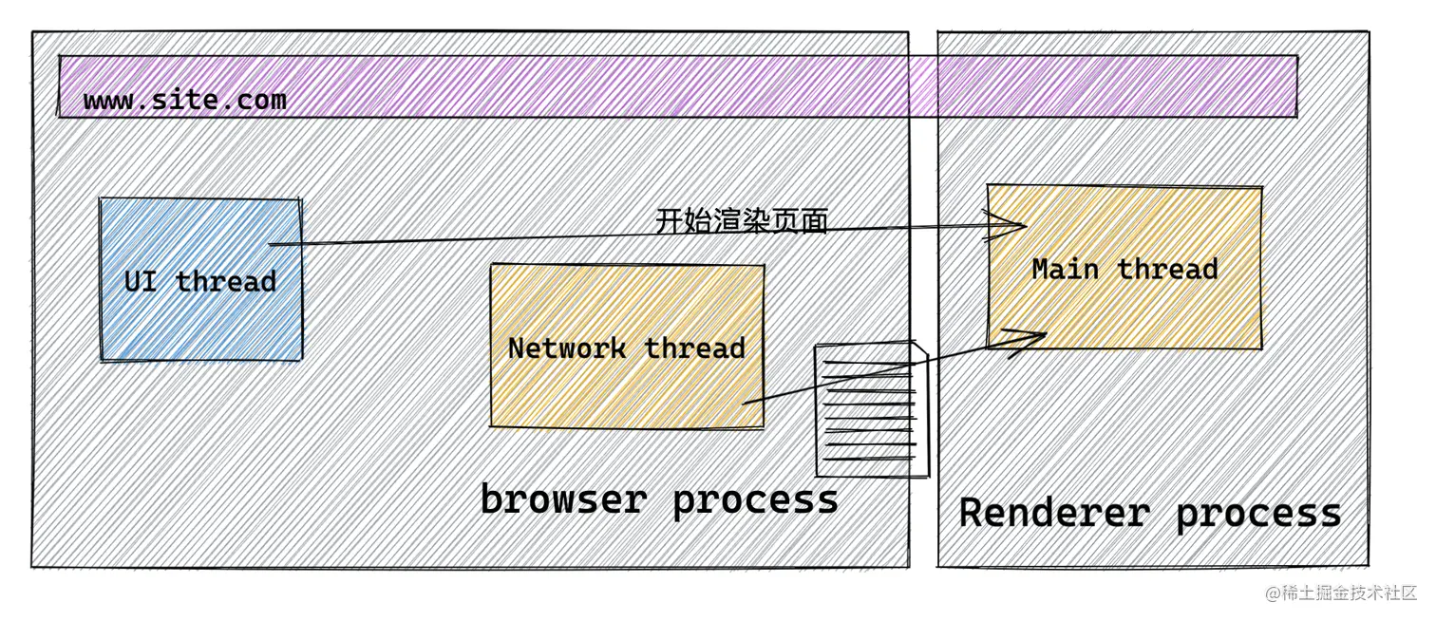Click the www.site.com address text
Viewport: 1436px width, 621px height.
click(184, 100)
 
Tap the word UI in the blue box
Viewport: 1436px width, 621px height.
click(141, 282)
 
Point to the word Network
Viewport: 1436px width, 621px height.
click(566, 348)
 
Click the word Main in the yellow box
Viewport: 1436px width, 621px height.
click(1065, 270)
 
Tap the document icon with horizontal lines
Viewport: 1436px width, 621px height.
click(871, 411)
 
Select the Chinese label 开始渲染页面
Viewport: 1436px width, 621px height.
click(742, 221)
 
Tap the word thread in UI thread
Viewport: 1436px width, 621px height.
click(226, 282)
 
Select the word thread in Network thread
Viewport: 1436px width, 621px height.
click(695, 348)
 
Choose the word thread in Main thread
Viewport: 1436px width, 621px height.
click(1167, 270)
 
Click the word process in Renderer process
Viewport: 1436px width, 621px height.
click(1257, 513)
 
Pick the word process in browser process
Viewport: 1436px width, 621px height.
click(756, 499)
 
